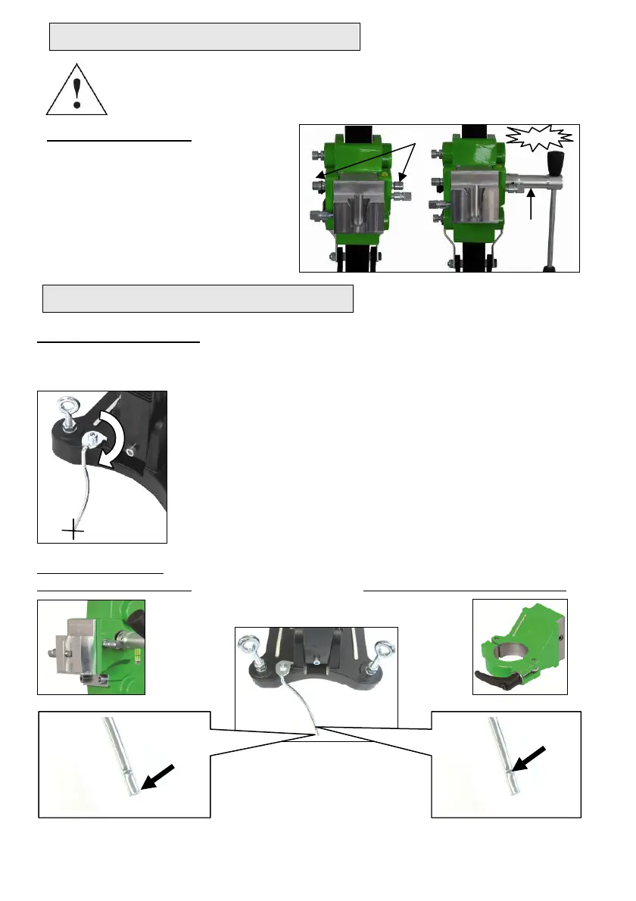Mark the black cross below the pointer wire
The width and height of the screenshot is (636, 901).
(x=73, y=532)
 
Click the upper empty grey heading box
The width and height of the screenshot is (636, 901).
(x=204, y=36)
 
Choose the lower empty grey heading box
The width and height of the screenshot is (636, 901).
(x=198, y=298)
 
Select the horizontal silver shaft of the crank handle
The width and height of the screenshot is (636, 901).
(x=522, y=183)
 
